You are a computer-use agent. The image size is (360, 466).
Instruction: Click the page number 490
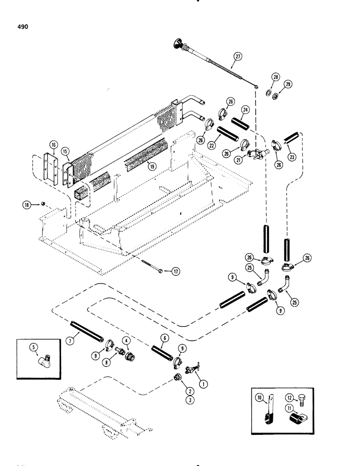(x=22, y=27)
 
